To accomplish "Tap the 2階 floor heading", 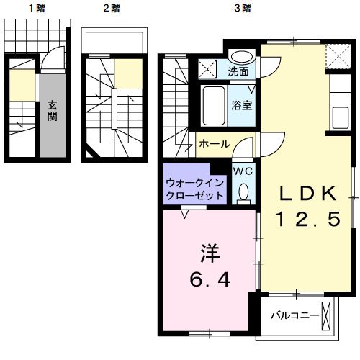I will (x=111, y=9).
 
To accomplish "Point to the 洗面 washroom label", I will (x=239, y=71).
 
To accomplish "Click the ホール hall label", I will (x=215, y=144).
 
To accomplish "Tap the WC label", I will (x=242, y=171).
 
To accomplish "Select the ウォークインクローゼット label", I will (x=194, y=189).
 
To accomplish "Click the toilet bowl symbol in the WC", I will (x=243, y=192).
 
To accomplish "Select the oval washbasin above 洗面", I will (x=241, y=57).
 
